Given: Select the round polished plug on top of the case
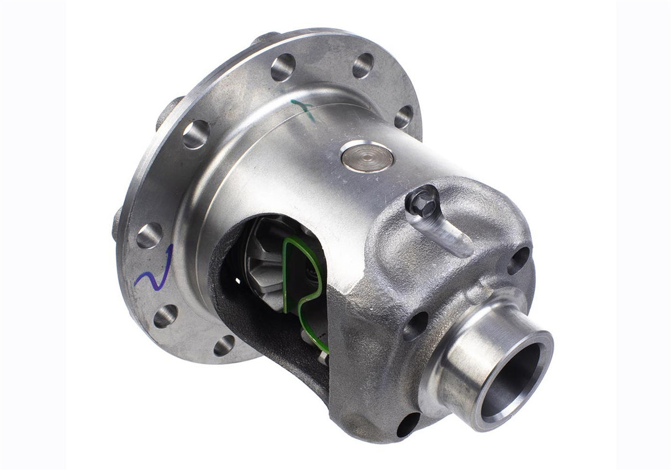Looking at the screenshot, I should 367,156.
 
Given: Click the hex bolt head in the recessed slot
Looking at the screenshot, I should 423,199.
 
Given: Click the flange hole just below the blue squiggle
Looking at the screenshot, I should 165,316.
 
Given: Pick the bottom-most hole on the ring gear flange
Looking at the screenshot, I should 224,346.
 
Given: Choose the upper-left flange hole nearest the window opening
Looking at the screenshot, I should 196,134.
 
